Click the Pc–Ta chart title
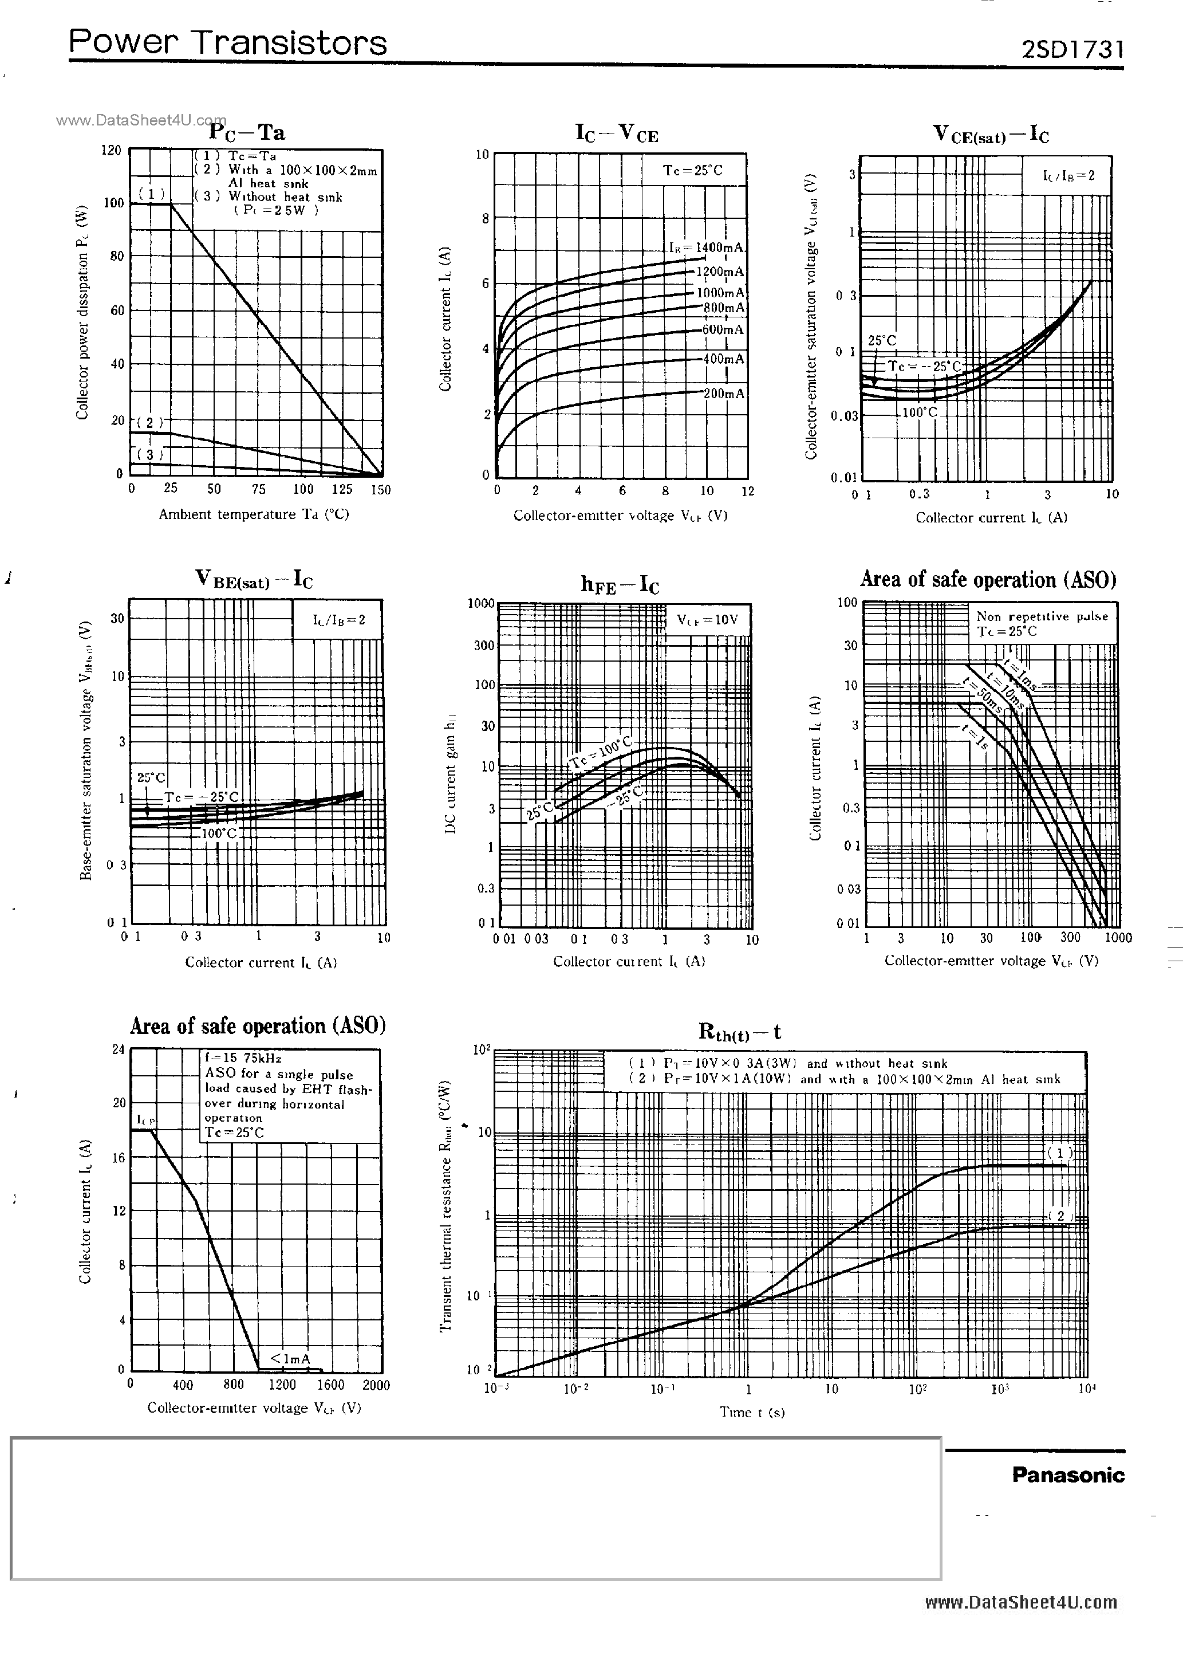pyautogui.click(x=247, y=132)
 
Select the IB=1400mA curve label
pyautogui.click(x=706, y=248)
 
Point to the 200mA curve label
pyautogui.click(x=724, y=394)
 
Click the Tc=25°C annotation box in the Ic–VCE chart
pyautogui.click(x=692, y=170)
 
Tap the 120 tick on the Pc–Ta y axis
pyautogui.click(x=111, y=150)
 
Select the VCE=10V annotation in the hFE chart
pyautogui.click(x=707, y=620)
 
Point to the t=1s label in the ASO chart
pyautogui.click(x=975, y=738)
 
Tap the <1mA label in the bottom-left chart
pyautogui.click(x=290, y=1358)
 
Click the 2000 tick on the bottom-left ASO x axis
pyautogui.click(x=376, y=1385)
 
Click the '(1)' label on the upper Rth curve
pyautogui.click(x=1060, y=1153)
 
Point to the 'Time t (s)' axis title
pyautogui.click(x=751, y=1411)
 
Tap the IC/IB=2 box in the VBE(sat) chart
pyautogui.click(x=338, y=620)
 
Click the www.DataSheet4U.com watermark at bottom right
pyautogui.click(x=1020, y=1602)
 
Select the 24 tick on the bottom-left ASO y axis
pyautogui.click(x=118, y=1049)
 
